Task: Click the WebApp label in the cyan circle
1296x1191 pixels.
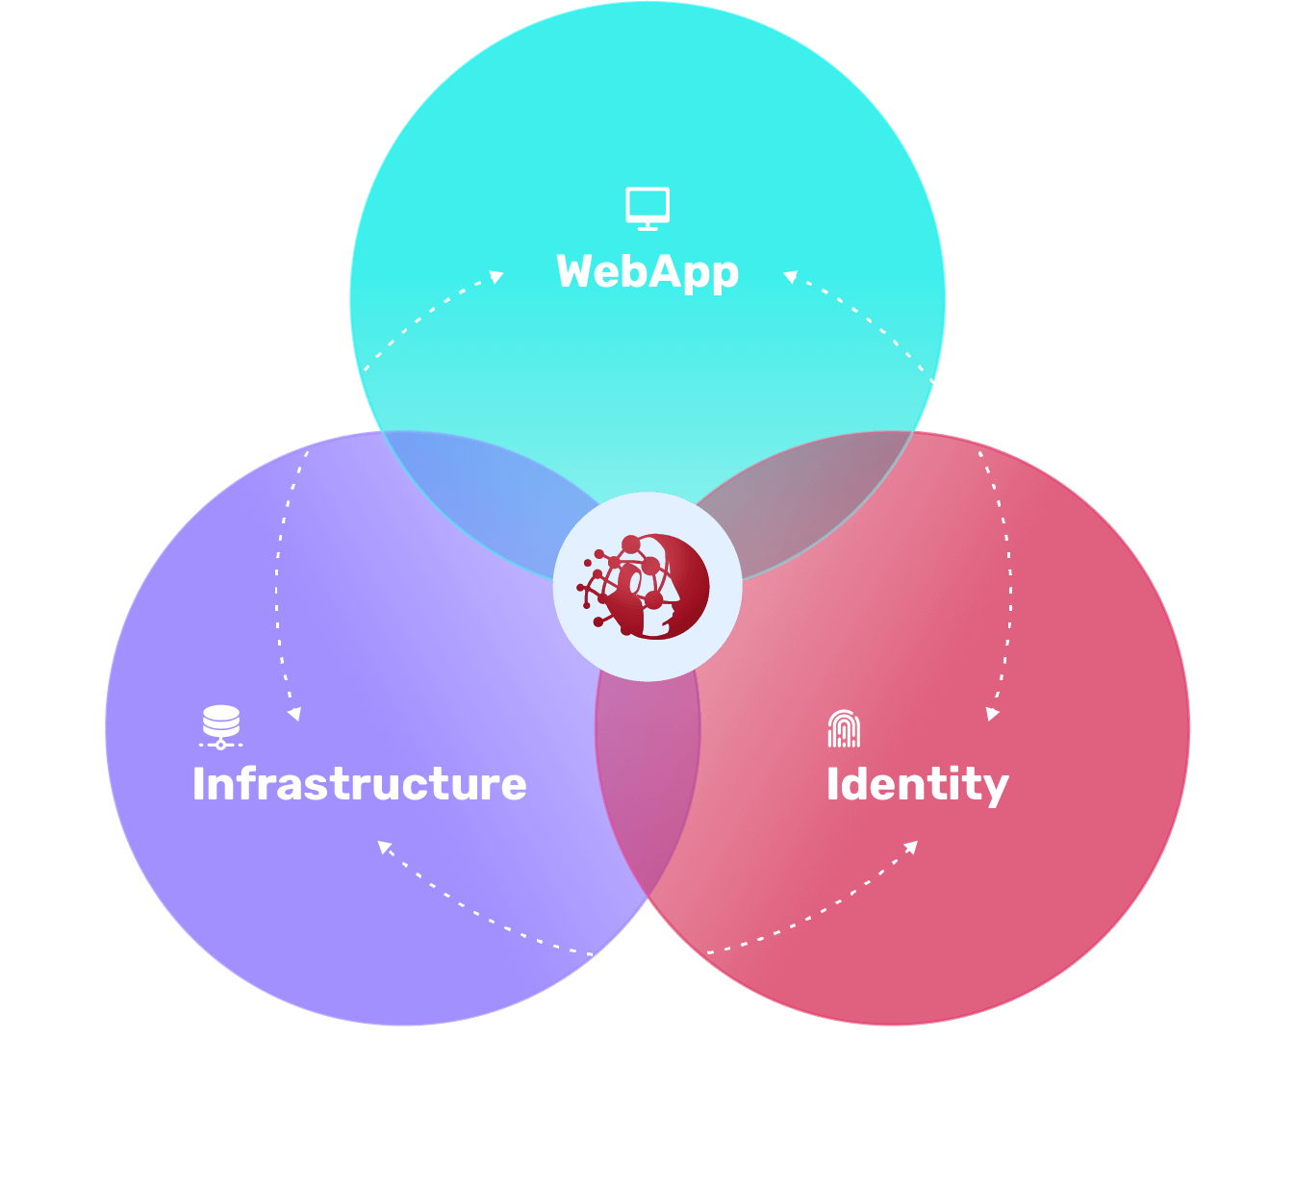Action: click(x=648, y=272)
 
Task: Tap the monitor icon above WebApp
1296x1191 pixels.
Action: click(x=648, y=209)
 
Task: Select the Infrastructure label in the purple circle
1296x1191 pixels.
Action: click(x=359, y=784)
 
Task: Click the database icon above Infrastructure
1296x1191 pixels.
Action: click(x=221, y=727)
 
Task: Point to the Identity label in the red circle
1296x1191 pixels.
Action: click(x=917, y=785)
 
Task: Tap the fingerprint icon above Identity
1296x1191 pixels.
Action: click(x=844, y=729)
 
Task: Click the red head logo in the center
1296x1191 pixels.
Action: click(x=647, y=587)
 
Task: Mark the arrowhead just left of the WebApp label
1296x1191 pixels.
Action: click(x=497, y=277)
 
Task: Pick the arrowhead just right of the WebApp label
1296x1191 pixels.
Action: click(x=790, y=277)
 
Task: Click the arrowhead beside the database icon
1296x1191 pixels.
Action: click(x=294, y=714)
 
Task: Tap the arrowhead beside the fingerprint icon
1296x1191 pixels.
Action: click(x=992, y=714)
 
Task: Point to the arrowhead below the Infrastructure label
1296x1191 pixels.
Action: click(x=384, y=847)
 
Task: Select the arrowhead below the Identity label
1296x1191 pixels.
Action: click(x=911, y=847)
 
